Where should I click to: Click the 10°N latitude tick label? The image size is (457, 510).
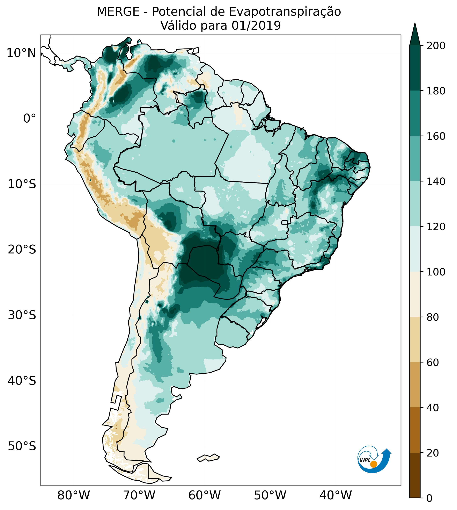click(x=21, y=53)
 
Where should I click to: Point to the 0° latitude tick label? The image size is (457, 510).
click(x=29, y=118)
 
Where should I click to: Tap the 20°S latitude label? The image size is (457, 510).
click(x=22, y=250)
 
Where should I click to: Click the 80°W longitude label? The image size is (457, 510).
click(x=74, y=496)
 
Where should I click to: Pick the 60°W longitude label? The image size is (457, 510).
click(x=204, y=496)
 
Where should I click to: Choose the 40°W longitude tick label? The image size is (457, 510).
click(x=336, y=496)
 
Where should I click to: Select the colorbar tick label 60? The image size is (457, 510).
click(x=433, y=362)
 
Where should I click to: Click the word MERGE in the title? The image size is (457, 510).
click(x=118, y=12)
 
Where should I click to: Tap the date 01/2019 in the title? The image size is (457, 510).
click(x=256, y=26)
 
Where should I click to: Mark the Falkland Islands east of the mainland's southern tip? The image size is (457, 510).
click(x=208, y=458)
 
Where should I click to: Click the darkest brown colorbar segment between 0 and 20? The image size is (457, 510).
click(x=415, y=475)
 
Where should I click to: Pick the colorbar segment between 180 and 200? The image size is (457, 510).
click(x=415, y=68)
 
